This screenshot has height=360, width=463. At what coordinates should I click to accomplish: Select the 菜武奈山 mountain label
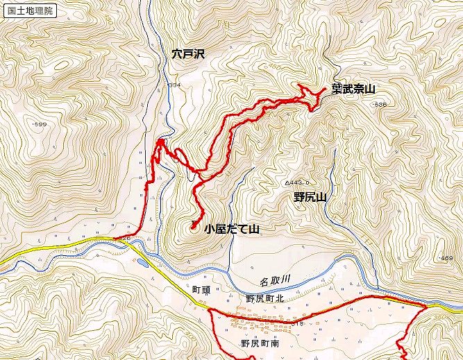(x=353, y=89)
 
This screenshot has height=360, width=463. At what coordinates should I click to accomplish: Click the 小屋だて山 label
(x=231, y=228)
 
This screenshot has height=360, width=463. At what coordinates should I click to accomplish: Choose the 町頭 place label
(x=201, y=286)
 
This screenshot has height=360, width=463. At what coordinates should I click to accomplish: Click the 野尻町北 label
(x=264, y=298)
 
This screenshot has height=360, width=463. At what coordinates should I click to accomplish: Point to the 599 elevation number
(x=40, y=123)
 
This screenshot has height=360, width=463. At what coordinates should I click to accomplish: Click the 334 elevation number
(x=173, y=85)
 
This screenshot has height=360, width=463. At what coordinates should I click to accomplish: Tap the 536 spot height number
(x=380, y=104)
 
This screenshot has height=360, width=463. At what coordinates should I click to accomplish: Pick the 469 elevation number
(x=446, y=258)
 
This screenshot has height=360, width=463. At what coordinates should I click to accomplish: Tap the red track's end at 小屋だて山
(x=192, y=226)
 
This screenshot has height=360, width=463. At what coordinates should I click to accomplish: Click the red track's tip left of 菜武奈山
(x=300, y=85)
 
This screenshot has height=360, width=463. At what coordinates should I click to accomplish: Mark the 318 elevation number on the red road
(x=299, y=323)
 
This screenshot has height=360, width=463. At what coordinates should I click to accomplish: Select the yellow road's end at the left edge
(x=2, y=262)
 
